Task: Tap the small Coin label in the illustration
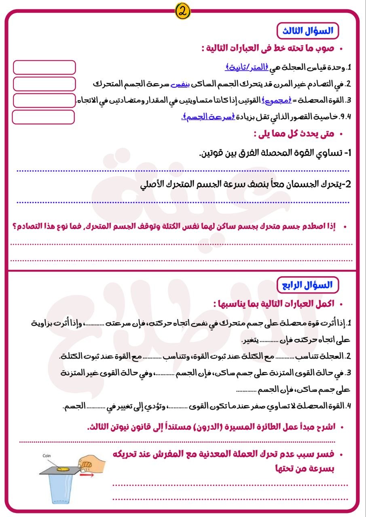click(x=47, y=456)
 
